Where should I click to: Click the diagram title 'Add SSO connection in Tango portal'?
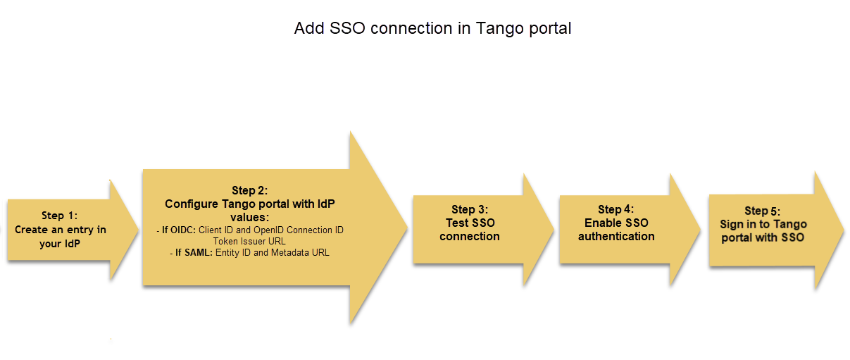(432, 28)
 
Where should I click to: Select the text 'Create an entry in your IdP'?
(61, 236)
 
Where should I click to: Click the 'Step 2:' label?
(250, 191)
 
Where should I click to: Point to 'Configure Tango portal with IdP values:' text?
(250, 210)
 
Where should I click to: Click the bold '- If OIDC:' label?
(176, 230)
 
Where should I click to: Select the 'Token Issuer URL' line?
(249, 241)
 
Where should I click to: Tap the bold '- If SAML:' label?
(191, 252)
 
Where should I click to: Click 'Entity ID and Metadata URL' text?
(272, 252)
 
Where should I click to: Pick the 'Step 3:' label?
(470, 209)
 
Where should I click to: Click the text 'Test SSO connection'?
(470, 230)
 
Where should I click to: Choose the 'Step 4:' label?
(616, 209)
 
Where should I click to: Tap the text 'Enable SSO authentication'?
(616, 230)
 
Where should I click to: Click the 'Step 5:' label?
(763, 211)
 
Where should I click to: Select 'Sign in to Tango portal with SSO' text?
(763, 231)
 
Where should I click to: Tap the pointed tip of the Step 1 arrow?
(137, 230)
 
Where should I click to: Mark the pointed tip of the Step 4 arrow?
(700, 230)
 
